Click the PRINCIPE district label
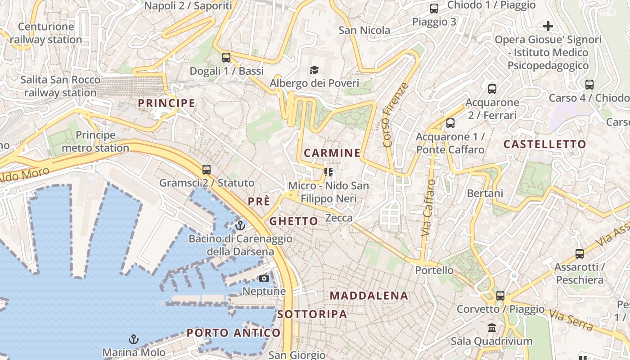click(x=166, y=103)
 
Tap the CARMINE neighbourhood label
click(x=332, y=153)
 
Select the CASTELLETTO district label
click(x=544, y=144)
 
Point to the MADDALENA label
click(x=369, y=296)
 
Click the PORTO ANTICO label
click(x=234, y=333)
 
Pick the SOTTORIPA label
click(x=312, y=314)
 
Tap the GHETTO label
click(x=293, y=221)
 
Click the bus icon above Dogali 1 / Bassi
click(x=226, y=58)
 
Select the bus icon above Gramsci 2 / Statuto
click(x=207, y=170)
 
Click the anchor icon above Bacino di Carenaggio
click(x=240, y=225)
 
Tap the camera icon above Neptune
click(x=264, y=278)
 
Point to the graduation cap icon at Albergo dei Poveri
click(x=314, y=70)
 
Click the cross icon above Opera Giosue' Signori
click(x=548, y=26)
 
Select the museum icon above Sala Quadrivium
click(x=492, y=328)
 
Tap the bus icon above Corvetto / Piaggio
click(x=500, y=296)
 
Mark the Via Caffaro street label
click(x=428, y=208)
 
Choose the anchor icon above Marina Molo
click(x=133, y=339)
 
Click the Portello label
click(x=434, y=270)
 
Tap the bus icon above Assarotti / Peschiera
click(x=580, y=254)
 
